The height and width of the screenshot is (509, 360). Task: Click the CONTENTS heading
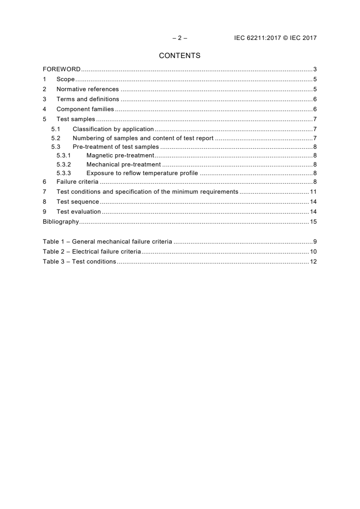click(x=180, y=56)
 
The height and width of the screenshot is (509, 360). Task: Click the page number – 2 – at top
click(x=180, y=38)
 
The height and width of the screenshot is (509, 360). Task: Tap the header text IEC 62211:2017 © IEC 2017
click(x=275, y=38)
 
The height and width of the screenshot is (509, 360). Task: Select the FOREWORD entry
click(x=61, y=69)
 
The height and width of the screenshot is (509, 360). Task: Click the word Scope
click(x=65, y=79)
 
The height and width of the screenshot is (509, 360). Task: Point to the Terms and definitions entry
click(x=88, y=99)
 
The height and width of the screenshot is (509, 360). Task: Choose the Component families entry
click(x=85, y=109)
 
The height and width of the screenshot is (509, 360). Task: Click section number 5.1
click(x=55, y=129)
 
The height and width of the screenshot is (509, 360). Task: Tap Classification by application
click(x=113, y=129)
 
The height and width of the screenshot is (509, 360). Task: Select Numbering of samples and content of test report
click(x=143, y=138)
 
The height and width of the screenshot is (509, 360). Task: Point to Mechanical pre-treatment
click(x=123, y=164)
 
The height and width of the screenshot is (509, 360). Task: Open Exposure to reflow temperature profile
click(x=142, y=173)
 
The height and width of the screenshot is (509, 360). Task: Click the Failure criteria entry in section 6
click(x=74, y=182)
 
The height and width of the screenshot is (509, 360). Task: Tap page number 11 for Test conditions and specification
click(x=313, y=192)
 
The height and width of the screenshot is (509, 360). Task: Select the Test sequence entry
click(x=78, y=202)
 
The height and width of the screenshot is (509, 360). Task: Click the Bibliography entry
click(x=61, y=222)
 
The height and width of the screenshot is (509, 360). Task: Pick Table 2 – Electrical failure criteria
click(x=92, y=252)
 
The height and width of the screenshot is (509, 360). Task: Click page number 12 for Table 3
click(x=313, y=262)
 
